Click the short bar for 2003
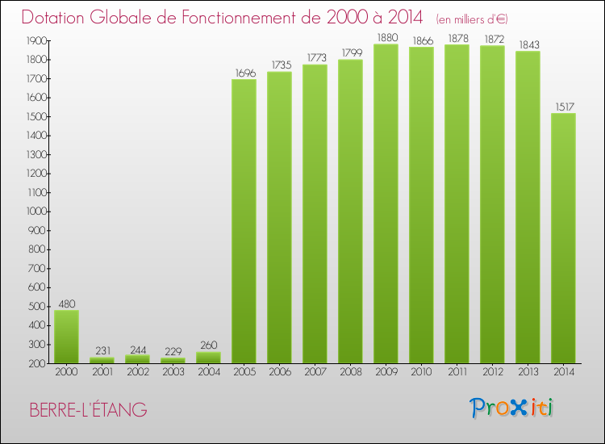pos(173,360)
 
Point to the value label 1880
pos(386,37)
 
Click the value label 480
pos(66,304)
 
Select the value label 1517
pos(563,107)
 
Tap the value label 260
pos(208,346)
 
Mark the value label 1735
pos(279,65)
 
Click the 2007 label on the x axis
pos(315,373)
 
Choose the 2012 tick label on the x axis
pos(492,373)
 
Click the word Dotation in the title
pos(58,17)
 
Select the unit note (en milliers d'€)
pos(472,19)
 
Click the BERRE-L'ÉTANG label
pos(88,410)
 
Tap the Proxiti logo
pos(512,408)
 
